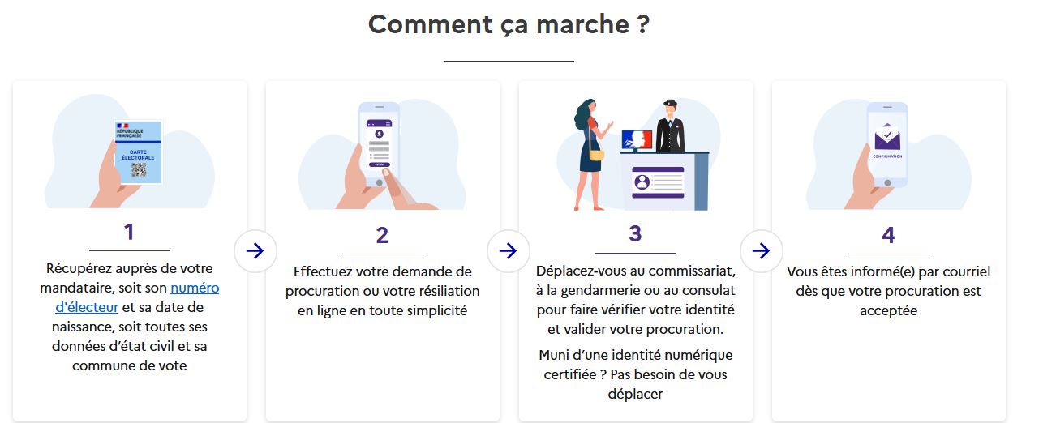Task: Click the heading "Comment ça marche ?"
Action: [x=509, y=24]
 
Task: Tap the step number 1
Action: [x=129, y=232]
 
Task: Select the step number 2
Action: [x=382, y=235]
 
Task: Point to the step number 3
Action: [x=636, y=233]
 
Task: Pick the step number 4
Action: [x=888, y=235]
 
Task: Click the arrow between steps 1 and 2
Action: [x=255, y=250]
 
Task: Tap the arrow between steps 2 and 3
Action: [x=509, y=250]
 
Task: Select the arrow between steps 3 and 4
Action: [x=762, y=250]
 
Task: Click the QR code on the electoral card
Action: [x=139, y=170]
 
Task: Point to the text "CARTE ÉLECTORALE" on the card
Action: [x=138, y=155]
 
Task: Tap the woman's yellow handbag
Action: [x=596, y=155]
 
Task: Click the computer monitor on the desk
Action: [x=637, y=140]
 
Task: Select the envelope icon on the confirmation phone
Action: [x=887, y=138]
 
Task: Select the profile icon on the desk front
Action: [x=642, y=182]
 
